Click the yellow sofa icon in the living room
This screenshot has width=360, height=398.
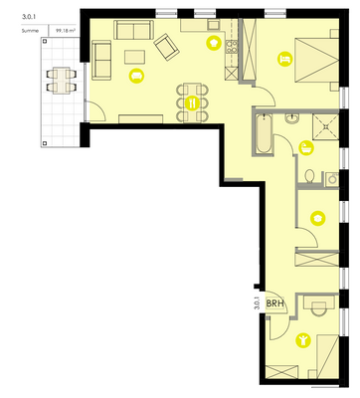pyautogui.click(x=137, y=76)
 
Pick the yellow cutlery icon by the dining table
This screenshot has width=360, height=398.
pyautogui.click(x=193, y=102)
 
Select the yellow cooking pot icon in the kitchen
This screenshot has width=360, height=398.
pyautogui.click(x=213, y=44)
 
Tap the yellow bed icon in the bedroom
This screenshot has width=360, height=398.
pyautogui.click(x=285, y=59)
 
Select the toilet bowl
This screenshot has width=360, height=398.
pyautogui.click(x=310, y=179)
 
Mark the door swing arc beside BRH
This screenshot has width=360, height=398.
pyautogui.click(x=277, y=320)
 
